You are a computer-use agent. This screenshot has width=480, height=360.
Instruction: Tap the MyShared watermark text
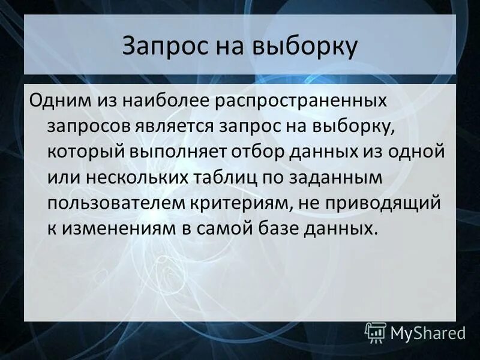point(428,333)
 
